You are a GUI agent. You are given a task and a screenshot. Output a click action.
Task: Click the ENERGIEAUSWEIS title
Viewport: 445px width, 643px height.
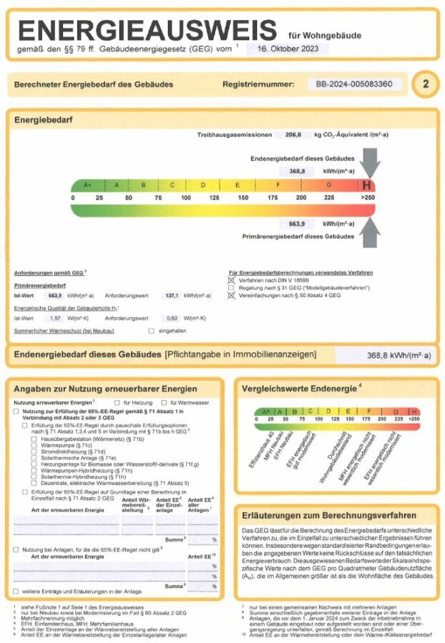(147, 31)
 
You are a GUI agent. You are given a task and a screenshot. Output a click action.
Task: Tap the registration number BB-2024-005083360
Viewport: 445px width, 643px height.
(355, 84)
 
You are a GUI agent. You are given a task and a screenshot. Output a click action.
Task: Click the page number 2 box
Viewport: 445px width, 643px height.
(426, 84)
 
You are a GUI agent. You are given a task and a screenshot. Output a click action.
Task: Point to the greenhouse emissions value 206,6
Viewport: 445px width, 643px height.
(293, 134)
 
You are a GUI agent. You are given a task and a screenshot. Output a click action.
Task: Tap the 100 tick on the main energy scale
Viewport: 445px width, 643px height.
(185, 198)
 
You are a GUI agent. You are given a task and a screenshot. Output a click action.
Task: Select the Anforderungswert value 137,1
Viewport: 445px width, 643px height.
(172, 295)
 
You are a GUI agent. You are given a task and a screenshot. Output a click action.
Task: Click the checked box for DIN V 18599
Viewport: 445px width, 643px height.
(232, 280)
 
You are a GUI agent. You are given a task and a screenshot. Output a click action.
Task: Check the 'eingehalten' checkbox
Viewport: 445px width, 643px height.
(151, 331)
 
